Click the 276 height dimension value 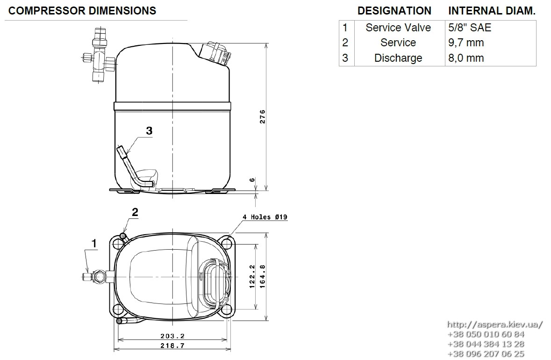263,117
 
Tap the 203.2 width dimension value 172,337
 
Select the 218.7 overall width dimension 172,346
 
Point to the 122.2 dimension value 252,277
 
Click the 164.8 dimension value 263,277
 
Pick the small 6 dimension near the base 252,180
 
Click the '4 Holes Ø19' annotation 265,217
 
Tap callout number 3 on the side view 150,131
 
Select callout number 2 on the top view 135,212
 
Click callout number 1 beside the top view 94,243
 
